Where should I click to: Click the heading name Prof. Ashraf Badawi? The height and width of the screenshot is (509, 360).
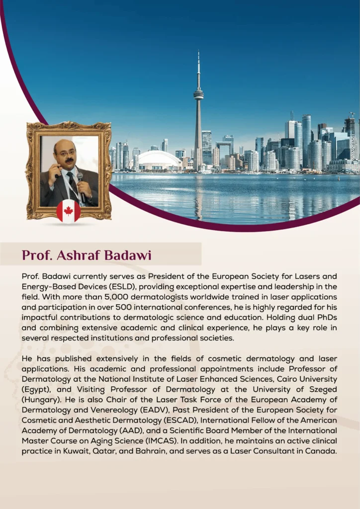click(x=87, y=255)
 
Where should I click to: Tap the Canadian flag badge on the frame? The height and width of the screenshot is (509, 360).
click(x=69, y=211)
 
